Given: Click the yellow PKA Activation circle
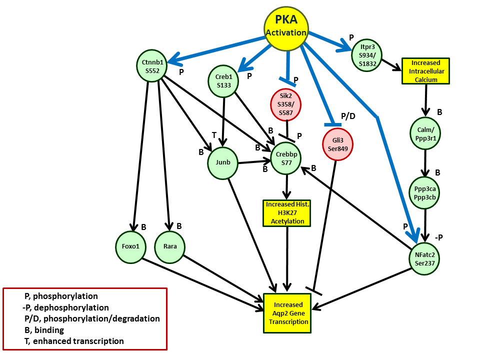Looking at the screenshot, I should pyautogui.click(x=286, y=28).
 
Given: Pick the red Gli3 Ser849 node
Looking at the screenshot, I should pyautogui.click(x=338, y=144).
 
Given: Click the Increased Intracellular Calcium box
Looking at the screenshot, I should pyautogui.click(x=425, y=70).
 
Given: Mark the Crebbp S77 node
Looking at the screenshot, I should pyautogui.click(x=286, y=158).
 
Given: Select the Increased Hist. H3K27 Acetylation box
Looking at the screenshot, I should pyautogui.click(x=287, y=213).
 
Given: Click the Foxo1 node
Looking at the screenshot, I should pyautogui.click(x=130, y=246).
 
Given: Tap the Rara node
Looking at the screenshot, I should pyautogui.click(x=169, y=246).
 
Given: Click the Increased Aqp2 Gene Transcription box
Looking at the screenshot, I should pyautogui.click(x=287, y=313).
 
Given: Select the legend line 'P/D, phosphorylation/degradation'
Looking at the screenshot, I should pyautogui.click(x=92, y=318).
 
